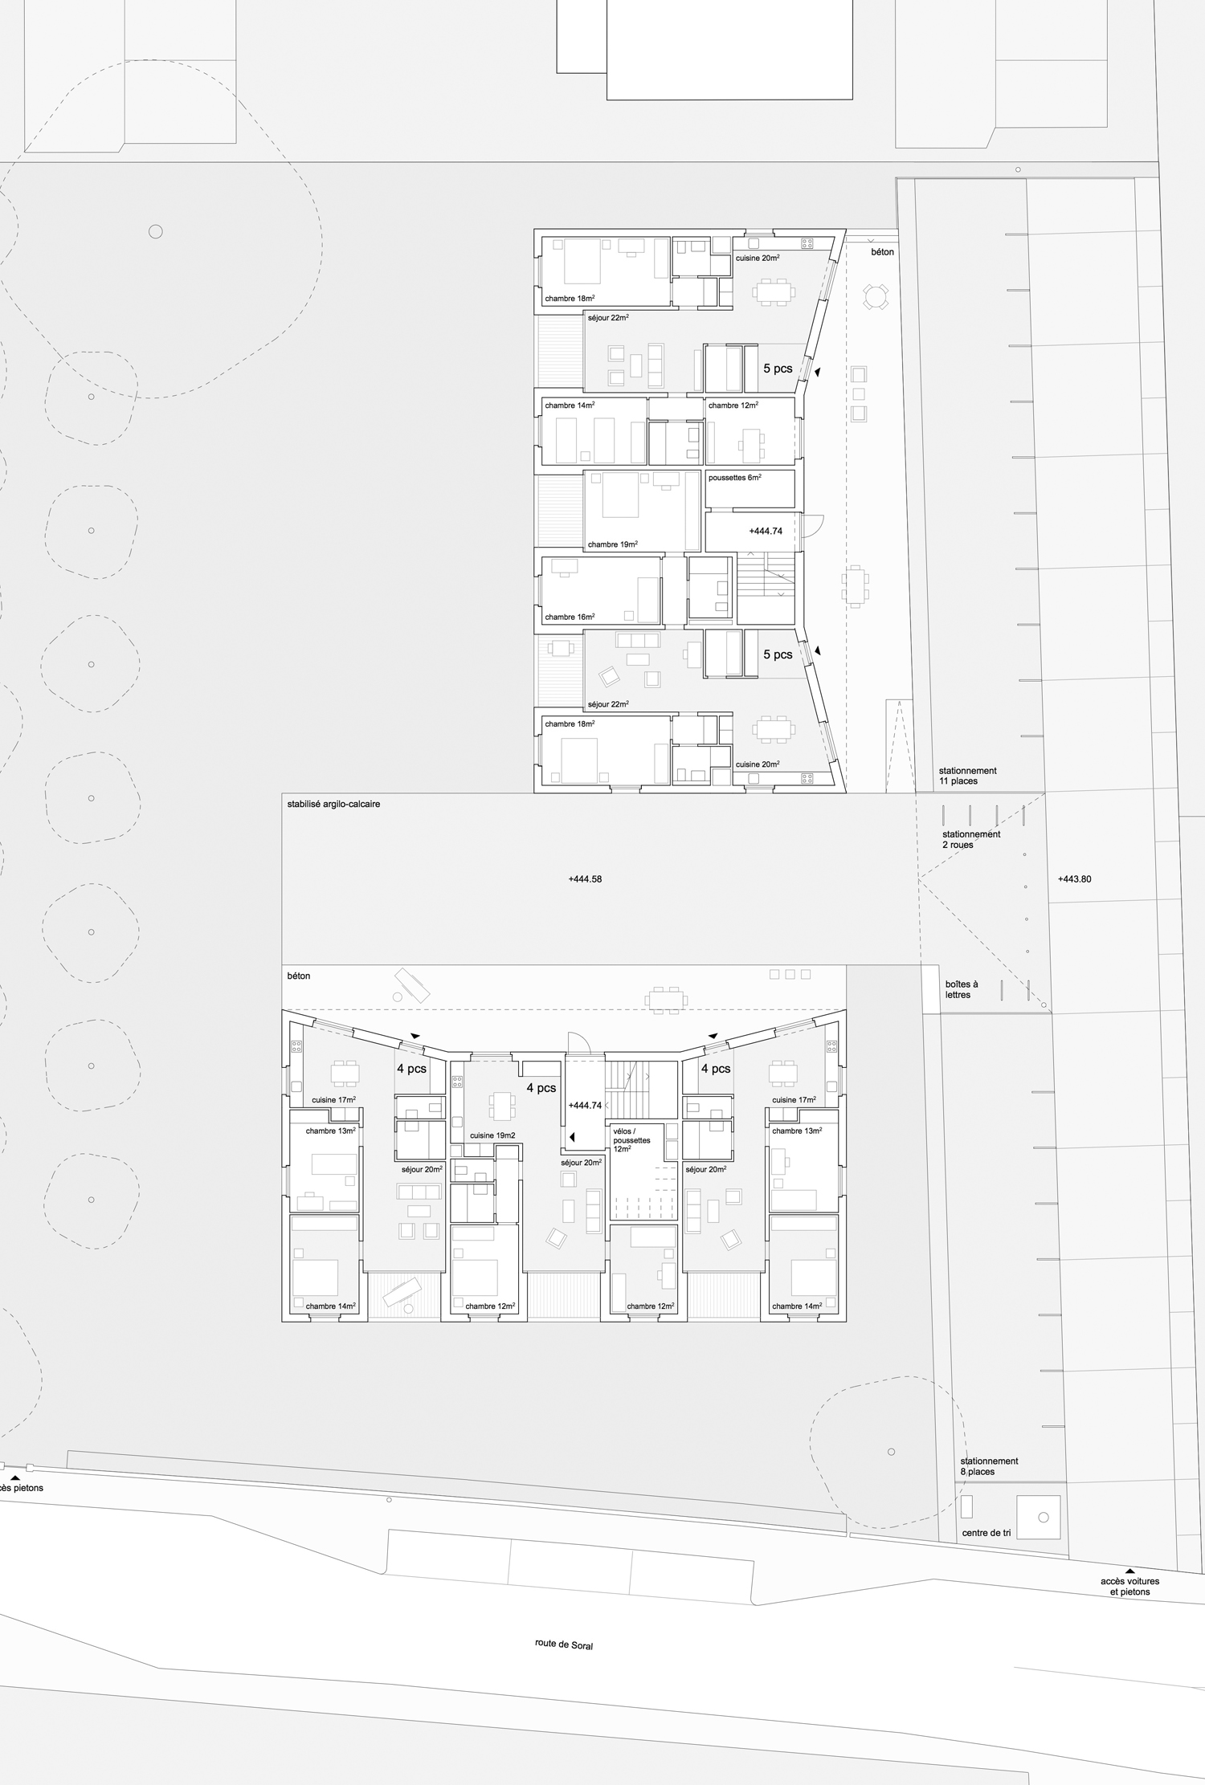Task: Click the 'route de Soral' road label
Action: click(x=564, y=1644)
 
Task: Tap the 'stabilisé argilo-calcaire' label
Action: click(x=333, y=804)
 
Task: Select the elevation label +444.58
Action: click(x=585, y=879)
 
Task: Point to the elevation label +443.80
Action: click(x=1075, y=879)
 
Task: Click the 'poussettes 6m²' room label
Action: click(x=734, y=478)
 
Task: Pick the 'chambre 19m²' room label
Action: click(x=613, y=544)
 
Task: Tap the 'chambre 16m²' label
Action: click(x=570, y=617)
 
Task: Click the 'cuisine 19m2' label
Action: click(x=492, y=1135)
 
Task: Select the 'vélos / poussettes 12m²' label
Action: click(x=632, y=1139)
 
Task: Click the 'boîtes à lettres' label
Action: click(x=961, y=989)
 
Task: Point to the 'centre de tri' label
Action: click(x=986, y=1533)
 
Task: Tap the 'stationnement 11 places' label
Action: click(x=967, y=776)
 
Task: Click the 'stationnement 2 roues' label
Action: click(x=971, y=839)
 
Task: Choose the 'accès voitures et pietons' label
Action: click(x=1129, y=1587)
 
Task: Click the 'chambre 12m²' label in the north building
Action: click(x=733, y=405)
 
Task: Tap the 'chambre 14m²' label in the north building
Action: click(x=570, y=405)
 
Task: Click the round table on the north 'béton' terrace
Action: click(x=875, y=298)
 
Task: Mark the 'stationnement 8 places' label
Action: click(x=990, y=1466)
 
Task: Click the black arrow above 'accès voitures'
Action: click(x=1129, y=1571)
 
